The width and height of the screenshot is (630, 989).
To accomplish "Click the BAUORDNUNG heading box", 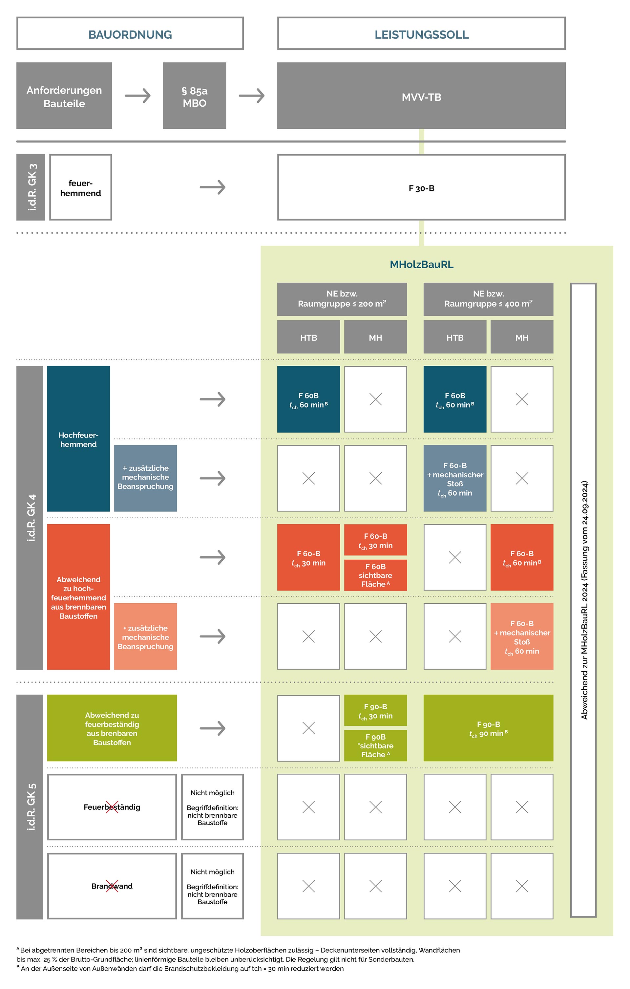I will coord(130,34).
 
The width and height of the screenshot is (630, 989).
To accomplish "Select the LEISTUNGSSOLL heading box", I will coord(421,34).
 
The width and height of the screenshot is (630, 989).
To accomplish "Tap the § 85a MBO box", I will coord(194,96).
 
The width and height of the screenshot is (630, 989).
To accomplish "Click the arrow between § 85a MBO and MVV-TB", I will coord(251,96).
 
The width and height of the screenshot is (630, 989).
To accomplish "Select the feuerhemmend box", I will coord(80,188).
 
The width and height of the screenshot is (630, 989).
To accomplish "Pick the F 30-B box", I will coord(421,188).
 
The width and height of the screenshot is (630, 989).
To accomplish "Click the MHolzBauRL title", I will coord(421,265).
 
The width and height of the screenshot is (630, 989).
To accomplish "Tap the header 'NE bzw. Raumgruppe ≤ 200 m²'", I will coord(342,299).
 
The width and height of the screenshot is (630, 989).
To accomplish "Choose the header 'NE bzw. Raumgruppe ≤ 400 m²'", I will coord(488,299).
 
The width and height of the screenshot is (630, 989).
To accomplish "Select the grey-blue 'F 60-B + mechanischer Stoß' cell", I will coord(455,479).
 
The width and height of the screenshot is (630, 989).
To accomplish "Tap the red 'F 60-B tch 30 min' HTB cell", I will coord(308,557).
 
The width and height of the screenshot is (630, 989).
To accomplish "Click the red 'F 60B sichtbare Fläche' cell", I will coord(375,575).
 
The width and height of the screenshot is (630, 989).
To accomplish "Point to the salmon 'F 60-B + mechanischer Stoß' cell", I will coord(522,636).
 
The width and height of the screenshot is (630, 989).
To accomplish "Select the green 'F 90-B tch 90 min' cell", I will coord(488,728).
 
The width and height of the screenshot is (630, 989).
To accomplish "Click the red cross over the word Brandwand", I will coord(112,886).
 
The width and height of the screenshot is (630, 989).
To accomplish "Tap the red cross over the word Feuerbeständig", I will coord(112,807).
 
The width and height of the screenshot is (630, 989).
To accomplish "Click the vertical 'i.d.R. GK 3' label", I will coord(31,187).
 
